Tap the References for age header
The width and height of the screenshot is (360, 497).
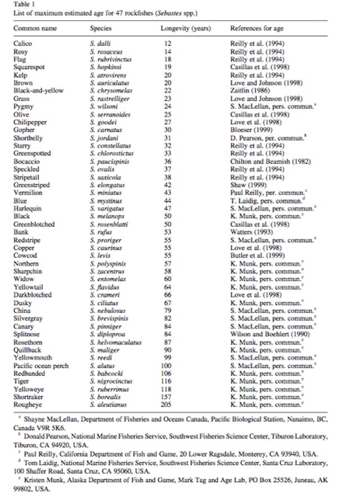coord(257,28)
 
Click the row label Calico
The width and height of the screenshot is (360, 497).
coord(23,43)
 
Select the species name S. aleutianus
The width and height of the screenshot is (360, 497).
coord(107,404)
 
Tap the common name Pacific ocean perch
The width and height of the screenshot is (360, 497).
coord(41,365)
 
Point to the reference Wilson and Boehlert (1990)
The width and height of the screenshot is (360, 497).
coord(267,334)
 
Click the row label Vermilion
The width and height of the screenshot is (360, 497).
coord(28,192)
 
